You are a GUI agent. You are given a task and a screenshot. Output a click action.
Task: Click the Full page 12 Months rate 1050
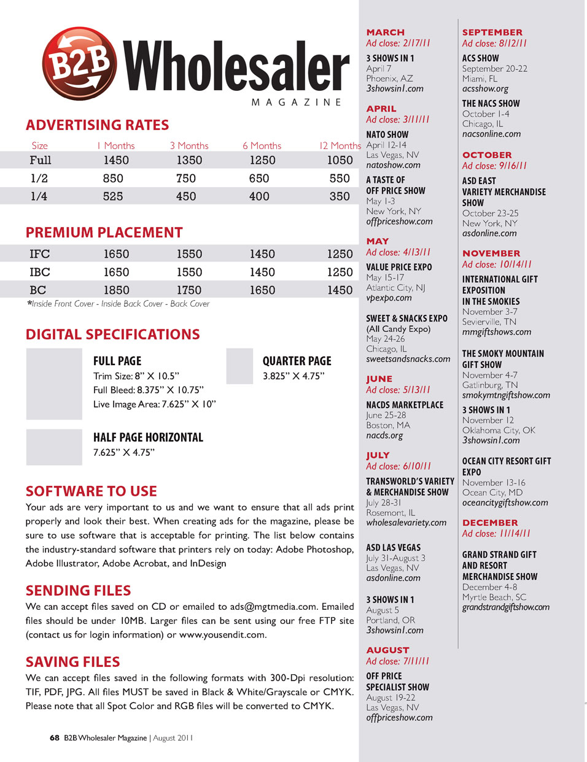point(340,160)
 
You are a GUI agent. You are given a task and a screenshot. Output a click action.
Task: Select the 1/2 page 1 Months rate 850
point(113,179)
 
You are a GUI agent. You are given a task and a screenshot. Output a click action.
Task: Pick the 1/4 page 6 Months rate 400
point(259,196)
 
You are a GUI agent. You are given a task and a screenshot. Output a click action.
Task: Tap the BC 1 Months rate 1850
point(116,290)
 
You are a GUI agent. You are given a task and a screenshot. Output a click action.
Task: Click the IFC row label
point(40,254)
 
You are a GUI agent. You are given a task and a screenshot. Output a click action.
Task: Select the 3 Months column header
point(189,146)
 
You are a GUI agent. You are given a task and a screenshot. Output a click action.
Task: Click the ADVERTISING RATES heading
point(97,125)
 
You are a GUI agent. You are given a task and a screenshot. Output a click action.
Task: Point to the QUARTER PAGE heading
point(297,361)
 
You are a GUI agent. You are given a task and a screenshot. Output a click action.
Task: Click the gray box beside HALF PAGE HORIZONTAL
point(54,447)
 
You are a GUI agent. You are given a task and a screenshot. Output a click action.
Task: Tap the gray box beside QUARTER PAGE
point(239,366)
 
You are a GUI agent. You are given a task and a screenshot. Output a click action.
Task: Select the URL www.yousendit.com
point(222,635)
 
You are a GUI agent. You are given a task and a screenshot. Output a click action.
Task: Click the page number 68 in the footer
point(55,738)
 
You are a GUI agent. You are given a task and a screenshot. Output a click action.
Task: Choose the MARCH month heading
point(385,33)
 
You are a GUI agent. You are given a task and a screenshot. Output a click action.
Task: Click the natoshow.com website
point(393,165)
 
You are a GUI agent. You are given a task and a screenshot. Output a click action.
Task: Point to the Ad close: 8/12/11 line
point(494,44)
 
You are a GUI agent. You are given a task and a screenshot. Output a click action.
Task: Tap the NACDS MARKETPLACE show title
point(404,405)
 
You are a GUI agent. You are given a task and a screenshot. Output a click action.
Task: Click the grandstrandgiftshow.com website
point(505,607)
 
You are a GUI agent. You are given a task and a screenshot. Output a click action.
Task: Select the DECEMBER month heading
point(490,523)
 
